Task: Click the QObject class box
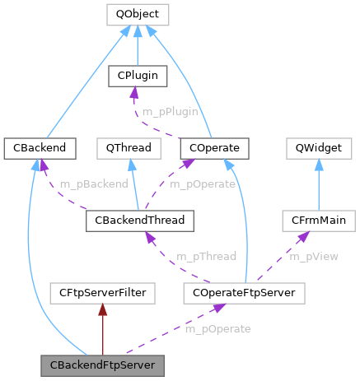point(137,14)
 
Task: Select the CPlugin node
point(138,77)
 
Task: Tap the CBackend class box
point(29,148)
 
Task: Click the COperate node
point(209,148)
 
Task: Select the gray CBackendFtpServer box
point(102,364)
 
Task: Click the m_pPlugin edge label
point(170,111)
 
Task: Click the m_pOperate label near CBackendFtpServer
point(217,328)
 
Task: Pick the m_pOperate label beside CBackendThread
point(203,184)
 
